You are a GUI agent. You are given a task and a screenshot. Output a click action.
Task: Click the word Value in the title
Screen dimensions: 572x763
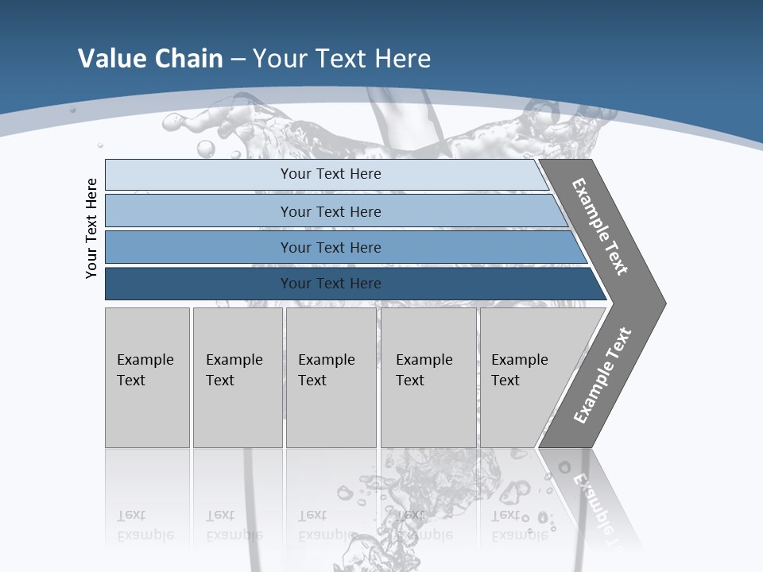click(x=110, y=59)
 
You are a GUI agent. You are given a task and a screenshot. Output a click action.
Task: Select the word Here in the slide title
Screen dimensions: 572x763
click(x=402, y=59)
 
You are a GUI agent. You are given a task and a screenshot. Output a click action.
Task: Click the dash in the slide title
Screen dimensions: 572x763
click(x=238, y=60)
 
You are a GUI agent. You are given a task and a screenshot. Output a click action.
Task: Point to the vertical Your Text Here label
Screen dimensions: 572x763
click(x=91, y=228)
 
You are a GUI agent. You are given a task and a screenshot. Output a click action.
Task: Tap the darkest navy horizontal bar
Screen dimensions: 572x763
click(x=199, y=284)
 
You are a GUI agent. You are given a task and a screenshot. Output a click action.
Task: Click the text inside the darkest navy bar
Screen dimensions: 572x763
click(x=331, y=284)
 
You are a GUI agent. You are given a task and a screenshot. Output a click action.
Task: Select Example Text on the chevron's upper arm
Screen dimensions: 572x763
click(x=600, y=226)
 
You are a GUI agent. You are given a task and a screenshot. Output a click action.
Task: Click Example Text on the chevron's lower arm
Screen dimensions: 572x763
click(x=602, y=376)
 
